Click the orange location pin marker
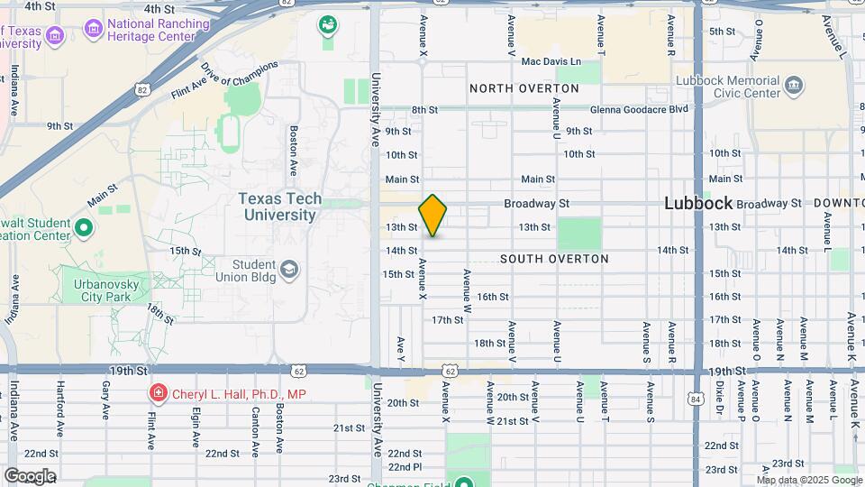click(x=433, y=216)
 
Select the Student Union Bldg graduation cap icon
click(x=288, y=269)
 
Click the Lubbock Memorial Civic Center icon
click(x=795, y=87)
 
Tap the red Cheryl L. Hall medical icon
click(x=158, y=393)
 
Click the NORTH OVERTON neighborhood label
click(x=524, y=88)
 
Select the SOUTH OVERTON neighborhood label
click(x=554, y=259)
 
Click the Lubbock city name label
click(x=698, y=203)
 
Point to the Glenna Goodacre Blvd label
click(x=639, y=109)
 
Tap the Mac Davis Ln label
click(x=551, y=62)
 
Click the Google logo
click(x=30, y=476)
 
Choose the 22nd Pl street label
click(x=405, y=466)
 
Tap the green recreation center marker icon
click(x=83, y=227)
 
